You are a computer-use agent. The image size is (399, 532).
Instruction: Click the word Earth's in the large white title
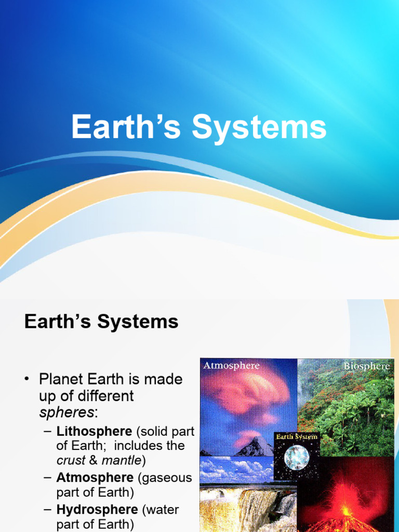pyautogui.click(x=127, y=127)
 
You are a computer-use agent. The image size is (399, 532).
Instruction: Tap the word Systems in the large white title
pyautogui.click(x=259, y=128)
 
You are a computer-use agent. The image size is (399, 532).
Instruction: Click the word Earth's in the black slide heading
pyautogui.click(x=55, y=322)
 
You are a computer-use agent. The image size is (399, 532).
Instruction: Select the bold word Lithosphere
pyautogui.click(x=94, y=431)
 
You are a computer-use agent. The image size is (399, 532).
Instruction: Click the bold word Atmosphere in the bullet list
pyautogui.click(x=95, y=477)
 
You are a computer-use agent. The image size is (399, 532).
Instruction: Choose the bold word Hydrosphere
pyautogui.click(x=97, y=510)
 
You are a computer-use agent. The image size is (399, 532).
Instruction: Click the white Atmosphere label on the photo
pyautogui.click(x=231, y=366)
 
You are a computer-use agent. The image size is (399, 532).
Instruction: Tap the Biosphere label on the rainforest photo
pyautogui.click(x=366, y=366)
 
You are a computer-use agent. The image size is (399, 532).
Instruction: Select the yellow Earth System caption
pyautogui.click(x=297, y=437)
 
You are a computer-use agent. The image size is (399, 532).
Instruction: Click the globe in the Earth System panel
pyautogui.click(x=297, y=458)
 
